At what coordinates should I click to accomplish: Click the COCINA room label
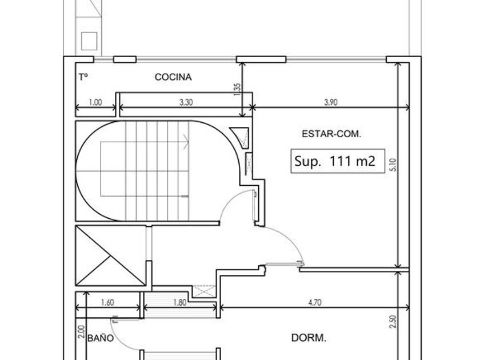[173, 77]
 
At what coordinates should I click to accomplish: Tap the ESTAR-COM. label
[331, 134]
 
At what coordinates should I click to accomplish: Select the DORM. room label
[309, 338]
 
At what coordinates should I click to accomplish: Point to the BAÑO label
[101, 338]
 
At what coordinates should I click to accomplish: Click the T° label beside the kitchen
[83, 77]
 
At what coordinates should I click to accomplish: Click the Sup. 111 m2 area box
[338, 161]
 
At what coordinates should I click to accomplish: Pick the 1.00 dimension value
[95, 102]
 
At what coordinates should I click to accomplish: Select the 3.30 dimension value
[186, 102]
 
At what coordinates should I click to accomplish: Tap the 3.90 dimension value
[331, 102]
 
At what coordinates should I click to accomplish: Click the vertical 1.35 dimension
[237, 89]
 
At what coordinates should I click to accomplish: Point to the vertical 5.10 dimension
[394, 165]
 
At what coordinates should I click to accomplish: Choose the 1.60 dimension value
[107, 303]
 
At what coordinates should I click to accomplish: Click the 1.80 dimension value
[179, 303]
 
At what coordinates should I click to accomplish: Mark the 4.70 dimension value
[315, 303]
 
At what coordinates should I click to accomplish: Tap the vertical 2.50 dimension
[393, 322]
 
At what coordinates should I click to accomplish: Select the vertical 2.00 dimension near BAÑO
[81, 331]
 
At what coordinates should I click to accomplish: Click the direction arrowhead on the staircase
[186, 142]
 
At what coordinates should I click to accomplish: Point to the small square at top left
[89, 41]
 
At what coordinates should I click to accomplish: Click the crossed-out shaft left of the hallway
[110, 255]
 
